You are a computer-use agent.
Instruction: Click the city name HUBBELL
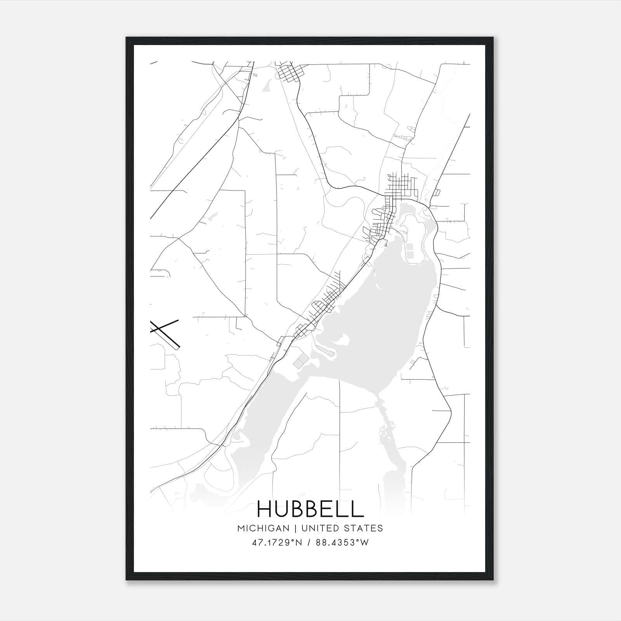click(310, 509)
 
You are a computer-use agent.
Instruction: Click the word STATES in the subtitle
click(364, 528)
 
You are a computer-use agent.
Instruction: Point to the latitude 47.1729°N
click(276, 543)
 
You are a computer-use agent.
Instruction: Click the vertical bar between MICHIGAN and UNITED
click(295, 528)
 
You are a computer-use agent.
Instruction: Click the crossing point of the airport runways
click(160, 329)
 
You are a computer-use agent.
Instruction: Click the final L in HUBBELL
click(359, 509)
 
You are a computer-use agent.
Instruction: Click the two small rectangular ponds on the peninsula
click(409, 250)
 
